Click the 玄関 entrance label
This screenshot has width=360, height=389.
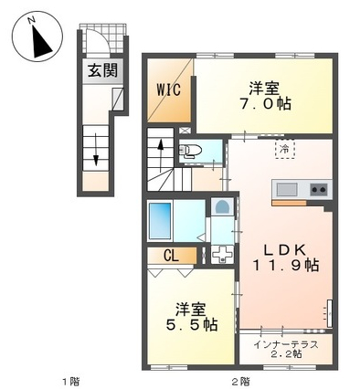point(102,71)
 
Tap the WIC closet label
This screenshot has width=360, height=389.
point(168,89)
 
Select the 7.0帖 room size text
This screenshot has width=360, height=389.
point(265,104)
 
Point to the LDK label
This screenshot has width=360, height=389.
point(284,250)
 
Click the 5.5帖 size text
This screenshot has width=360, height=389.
point(192,325)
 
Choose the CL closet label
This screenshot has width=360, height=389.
point(171,256)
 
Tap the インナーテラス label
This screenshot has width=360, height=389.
point(286,345)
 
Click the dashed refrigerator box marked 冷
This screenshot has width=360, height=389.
point(285,149)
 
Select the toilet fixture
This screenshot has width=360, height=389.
point(190,151)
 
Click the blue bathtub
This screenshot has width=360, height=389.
point(160,220)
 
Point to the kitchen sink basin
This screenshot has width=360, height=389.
point(287,189)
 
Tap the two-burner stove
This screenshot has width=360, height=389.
point(319,189)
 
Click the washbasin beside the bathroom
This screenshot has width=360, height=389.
point(222,206)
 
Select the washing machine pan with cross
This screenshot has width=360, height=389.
point(222,254)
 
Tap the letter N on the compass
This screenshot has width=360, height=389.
point(31,20)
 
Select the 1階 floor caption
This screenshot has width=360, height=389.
point(71,381)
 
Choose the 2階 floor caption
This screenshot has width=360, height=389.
point(240,381)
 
